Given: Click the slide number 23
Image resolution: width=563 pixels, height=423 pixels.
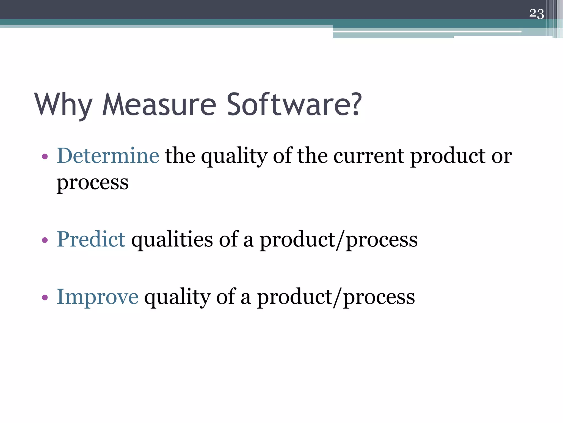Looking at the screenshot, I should [x=536, y=13].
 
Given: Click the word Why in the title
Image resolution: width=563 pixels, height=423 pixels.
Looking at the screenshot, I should [x=63, y=105].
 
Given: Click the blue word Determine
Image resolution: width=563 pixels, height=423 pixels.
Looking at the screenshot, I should [x=108, y=156].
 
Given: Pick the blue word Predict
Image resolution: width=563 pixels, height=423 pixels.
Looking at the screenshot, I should [x=91, y=239].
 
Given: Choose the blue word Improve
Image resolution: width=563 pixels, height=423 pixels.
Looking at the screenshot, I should [x=97, y=297].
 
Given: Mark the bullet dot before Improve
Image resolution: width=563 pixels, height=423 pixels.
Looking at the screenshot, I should [x=45, y=298].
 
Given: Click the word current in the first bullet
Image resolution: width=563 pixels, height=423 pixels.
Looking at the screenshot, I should [x=369, y=156].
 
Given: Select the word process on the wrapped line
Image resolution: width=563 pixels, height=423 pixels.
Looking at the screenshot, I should [x=92, y=183].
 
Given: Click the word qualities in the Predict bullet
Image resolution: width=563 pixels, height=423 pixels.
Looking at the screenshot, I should [x=172, y=239].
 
